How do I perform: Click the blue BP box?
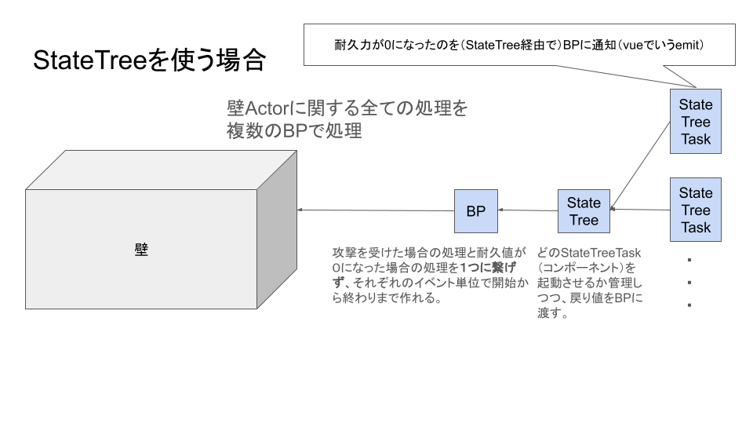(476, 211)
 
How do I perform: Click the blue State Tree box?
(584, 211)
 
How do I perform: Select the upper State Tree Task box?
(696, 122)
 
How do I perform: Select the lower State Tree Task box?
(696, 210)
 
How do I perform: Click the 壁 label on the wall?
(141, 250)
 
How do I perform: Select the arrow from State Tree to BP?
(528, 210)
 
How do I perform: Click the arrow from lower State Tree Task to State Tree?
(639, 210)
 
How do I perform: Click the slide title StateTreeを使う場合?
(149, 61)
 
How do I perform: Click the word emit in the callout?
(688, 46)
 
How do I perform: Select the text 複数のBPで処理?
(294, 131)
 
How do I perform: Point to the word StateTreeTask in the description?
(602, 253)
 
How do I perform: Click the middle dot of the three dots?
(689, 283)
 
